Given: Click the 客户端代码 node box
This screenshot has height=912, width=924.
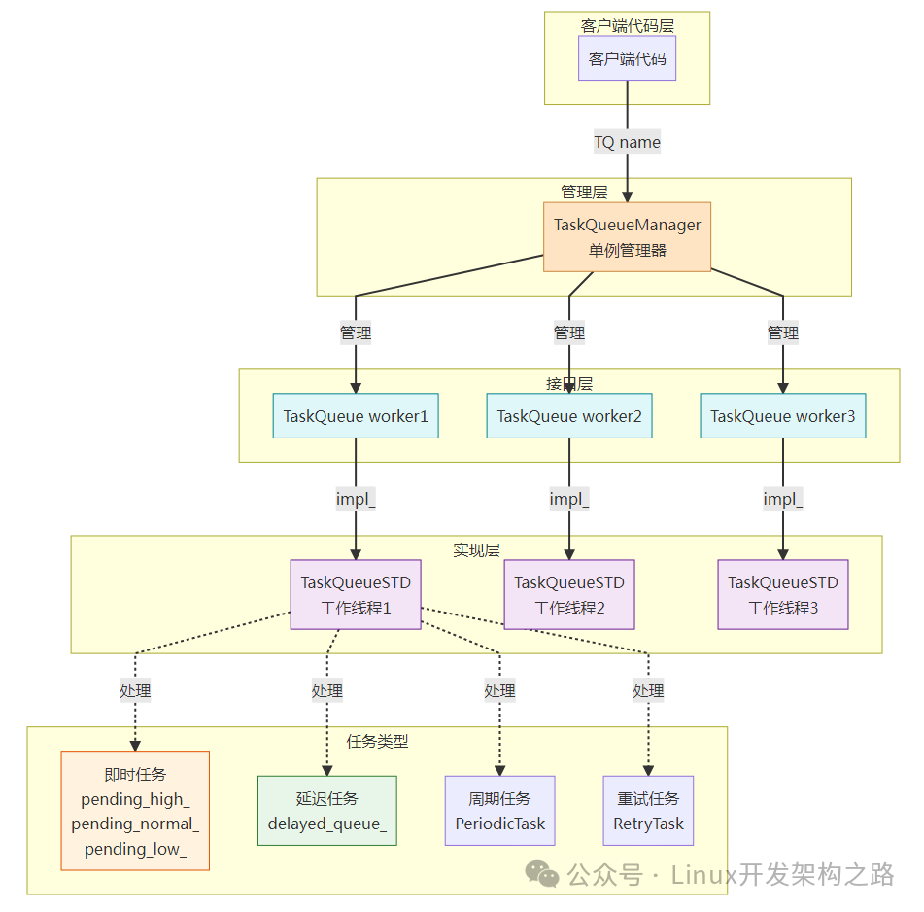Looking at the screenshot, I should pos(627,59).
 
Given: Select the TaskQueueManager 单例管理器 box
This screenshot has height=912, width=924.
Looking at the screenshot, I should pos(627,237).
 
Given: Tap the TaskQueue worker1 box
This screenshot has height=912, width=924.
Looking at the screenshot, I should pos(356,416).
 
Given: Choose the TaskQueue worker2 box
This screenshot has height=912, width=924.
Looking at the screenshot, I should pos(569,416).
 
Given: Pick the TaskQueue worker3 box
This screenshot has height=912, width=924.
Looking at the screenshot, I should pos(783,416).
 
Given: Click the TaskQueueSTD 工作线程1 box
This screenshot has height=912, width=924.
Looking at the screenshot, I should pos(356,595).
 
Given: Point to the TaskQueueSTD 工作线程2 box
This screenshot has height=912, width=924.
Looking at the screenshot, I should pos(569,595).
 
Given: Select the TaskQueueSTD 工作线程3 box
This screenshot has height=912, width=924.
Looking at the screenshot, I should pos(783,595).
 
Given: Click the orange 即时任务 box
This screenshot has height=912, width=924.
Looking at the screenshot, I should pos(135,811).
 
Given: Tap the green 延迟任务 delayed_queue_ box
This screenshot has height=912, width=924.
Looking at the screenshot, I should pos(327,811).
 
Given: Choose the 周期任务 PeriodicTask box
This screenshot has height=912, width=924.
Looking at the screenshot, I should pos(499,811).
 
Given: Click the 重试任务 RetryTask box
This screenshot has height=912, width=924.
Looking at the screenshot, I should pos(648,811).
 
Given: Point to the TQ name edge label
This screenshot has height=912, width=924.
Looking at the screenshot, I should pos(627,142).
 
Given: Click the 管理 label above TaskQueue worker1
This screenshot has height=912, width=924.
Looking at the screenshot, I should pos(356,333).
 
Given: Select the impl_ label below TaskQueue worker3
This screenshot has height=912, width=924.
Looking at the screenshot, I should pos(783,500).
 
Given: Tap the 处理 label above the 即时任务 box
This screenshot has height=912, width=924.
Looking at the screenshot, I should pos(135,691).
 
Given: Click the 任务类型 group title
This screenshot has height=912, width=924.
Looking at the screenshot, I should pos(377,741).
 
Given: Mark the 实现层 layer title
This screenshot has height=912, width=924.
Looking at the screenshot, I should pos(476,549).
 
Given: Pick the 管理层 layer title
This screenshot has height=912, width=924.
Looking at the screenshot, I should pos(584,192).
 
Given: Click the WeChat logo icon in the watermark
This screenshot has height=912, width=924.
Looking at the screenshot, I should pos(542,874).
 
